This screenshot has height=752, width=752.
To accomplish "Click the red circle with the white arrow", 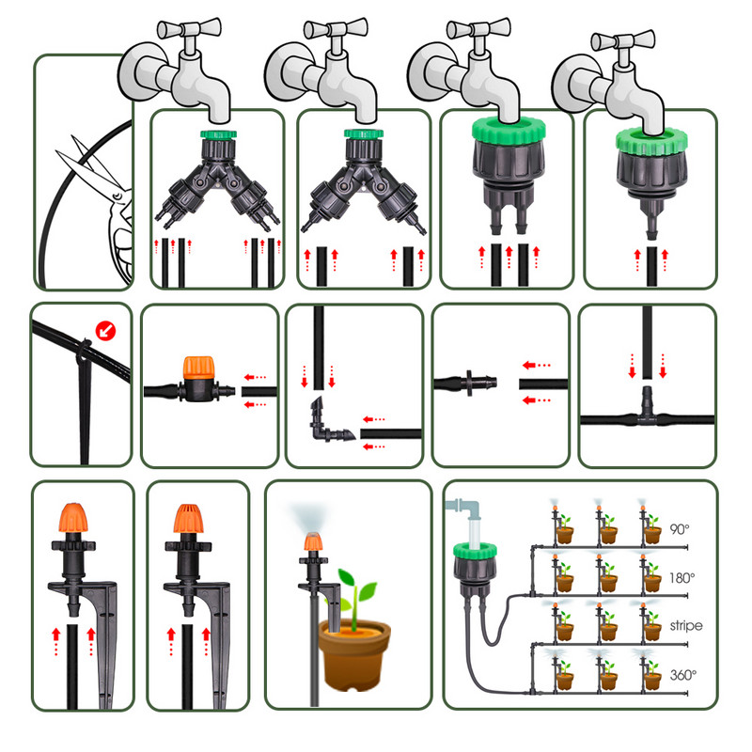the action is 105,331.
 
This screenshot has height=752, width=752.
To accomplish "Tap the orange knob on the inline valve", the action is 198,368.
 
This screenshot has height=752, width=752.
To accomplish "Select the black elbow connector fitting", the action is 328,422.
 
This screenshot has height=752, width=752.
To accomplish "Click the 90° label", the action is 679,529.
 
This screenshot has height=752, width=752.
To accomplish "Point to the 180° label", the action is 682,578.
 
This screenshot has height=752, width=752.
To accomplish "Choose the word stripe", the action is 686,626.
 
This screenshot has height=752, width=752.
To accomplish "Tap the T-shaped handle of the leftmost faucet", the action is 190,29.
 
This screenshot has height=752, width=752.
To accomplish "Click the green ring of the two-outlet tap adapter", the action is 509,131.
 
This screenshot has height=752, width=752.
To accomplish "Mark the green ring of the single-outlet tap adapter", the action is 651,141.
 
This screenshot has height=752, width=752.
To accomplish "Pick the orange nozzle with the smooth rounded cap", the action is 73,518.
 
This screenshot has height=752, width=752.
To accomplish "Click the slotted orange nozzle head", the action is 189,519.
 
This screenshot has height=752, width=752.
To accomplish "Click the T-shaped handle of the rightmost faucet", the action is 622,40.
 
